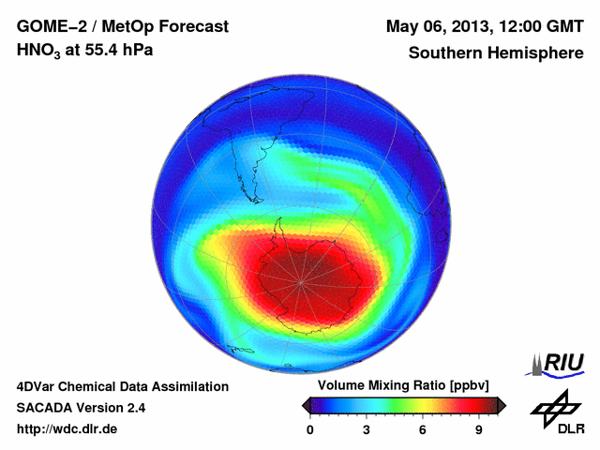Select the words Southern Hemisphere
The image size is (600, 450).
pos(495,52)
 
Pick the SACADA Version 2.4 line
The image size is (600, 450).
pos(81,408)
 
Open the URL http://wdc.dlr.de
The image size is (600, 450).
pos(67,429)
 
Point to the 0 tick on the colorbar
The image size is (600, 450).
pos(310,429)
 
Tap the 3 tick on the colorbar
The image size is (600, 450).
pos(367,429)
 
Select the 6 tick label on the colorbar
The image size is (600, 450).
pos(423,429)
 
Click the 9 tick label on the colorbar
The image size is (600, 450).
pos(478,429)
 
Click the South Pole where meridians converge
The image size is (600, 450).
pos(301,278)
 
